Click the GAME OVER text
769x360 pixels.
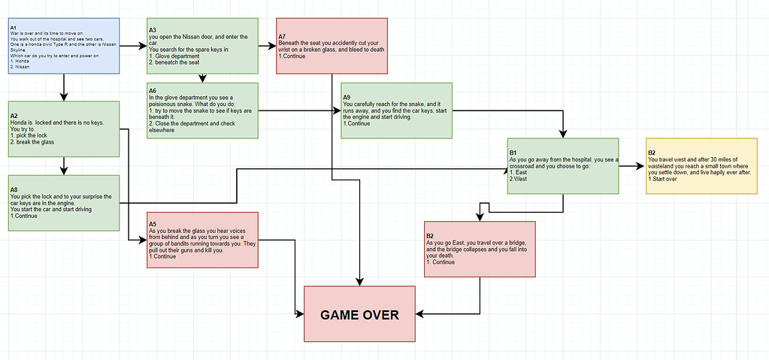click(359, 315)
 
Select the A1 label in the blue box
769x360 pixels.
click(14, 28)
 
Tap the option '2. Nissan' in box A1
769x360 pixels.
click(21, 67)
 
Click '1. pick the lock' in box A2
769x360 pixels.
click(30, 135)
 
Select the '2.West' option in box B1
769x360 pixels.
click(519, 179)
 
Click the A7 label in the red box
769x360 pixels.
click(282, 36)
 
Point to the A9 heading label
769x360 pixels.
click(347, 97)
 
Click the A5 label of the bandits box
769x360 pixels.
click(153, 223)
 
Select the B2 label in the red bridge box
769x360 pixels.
click(430, 236)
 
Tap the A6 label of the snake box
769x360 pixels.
click(153, 90)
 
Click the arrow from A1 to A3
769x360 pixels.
click(133, 46)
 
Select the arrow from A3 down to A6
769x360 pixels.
click(201, 77)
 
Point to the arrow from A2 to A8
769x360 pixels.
click(64, 165)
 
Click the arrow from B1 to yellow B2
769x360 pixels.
click(631, 166)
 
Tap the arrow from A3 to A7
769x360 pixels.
click(267, 46)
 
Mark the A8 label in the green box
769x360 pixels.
click(14, 189)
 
